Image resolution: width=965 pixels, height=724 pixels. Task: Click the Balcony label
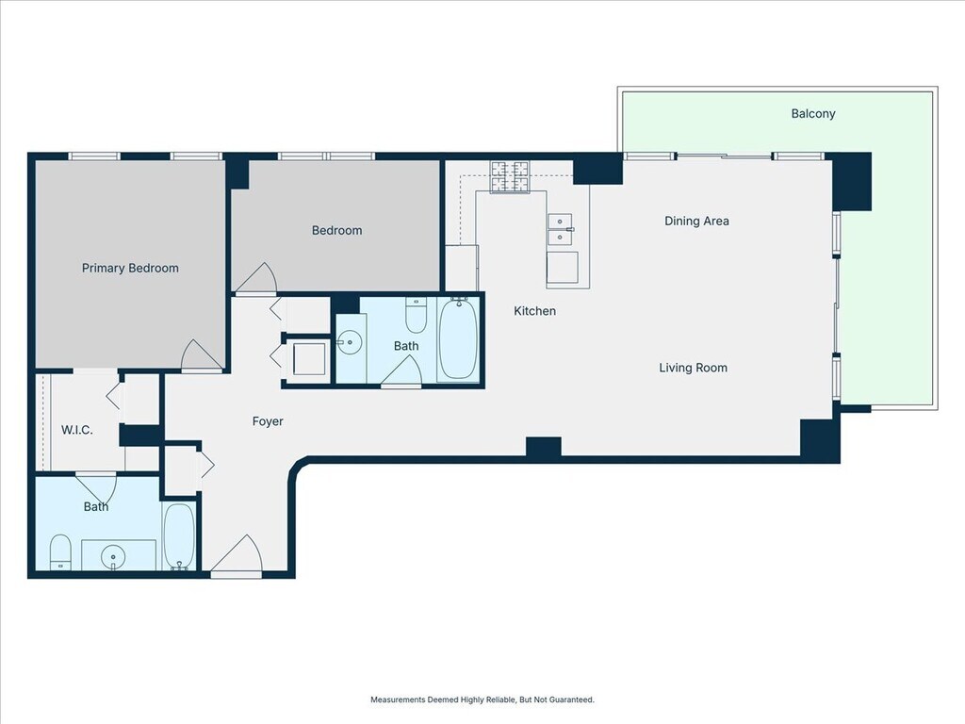pyautogui.click(x=813, y=113)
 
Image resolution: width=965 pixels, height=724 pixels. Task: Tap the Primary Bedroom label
pyautogui.click(x=130, y=268)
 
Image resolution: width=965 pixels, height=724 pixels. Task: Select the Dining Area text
pyautogui.click(x=696, y=221)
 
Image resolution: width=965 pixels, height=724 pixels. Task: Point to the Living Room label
pyautogui.click(x=693, y=368)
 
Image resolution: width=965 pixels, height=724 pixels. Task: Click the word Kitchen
pyautogui.click(x=535, y=311)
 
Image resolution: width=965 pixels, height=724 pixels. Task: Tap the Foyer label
pyautogui.click(x=268, y=421)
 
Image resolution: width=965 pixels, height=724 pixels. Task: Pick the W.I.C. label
pyautogui.click(x=77, y=430)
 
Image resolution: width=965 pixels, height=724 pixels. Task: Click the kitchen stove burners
pyautogui.click(x=510, y=176)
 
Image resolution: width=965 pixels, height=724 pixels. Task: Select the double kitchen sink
pyautogui.click(x=560, y=229)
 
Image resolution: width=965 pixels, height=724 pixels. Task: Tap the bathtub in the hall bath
pyautogui.click(x=457, y=339)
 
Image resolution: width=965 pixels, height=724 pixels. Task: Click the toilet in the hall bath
pyautogui.click(x=416, y=315)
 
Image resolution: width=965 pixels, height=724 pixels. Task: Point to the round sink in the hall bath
pyautogui.click(x=350, y=343)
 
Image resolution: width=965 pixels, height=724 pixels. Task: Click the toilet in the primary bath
pyautogui.click(x=60, y=552)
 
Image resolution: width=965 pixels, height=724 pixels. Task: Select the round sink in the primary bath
pyautogui.click(x=113, y=558)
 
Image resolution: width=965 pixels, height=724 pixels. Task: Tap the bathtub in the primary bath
pyautogui.click(x=179, y=536)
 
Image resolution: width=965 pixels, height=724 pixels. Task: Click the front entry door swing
pyautogui.click(x=237, y=554)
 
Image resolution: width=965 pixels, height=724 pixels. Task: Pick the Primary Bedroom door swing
pyautogui.click(x=202, y=355)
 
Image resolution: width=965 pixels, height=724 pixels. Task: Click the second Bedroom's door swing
pyautogui.click(x=256, y=278)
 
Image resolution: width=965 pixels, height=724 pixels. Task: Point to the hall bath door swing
pyautogui.click(x=401, y=371)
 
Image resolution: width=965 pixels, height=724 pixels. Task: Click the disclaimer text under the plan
pyautogui.click(x=482, y=699)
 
